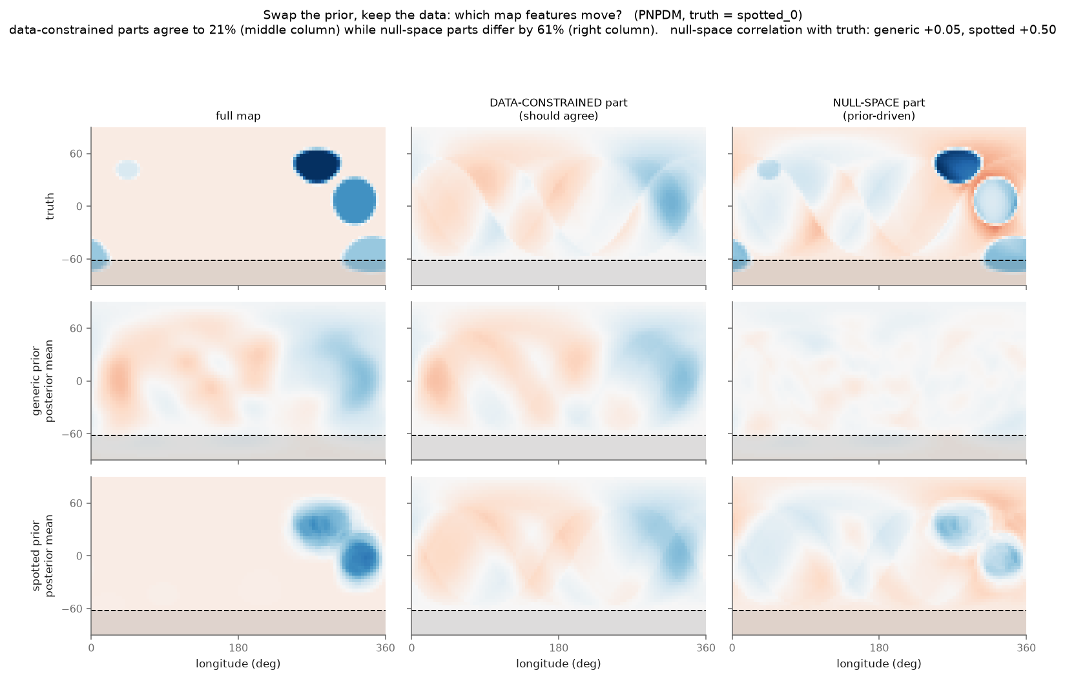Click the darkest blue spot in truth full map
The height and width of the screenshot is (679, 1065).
click(x=317, y=165)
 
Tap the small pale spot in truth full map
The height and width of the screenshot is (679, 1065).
click(x=127, y=170)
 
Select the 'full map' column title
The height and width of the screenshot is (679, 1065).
click(x=238, y=116)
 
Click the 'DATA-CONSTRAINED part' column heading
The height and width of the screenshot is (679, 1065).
click(x=559, y=103)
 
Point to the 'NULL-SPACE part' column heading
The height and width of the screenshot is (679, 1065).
click(x=879, y=103)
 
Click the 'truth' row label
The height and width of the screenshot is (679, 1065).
click(x=50, y=206)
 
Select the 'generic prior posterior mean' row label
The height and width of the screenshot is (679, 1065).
click(x=43, y=381)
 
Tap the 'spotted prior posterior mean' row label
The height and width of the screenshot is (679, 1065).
click(x=43, y=556)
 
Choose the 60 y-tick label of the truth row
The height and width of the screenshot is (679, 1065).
click(x=77, y=154)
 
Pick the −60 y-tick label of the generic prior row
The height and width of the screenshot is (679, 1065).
click(x=72, y=434)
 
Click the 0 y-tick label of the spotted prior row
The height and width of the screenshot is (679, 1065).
click(x=80, y=556)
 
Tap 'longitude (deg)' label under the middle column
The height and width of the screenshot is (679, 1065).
click(x=559, y=663)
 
